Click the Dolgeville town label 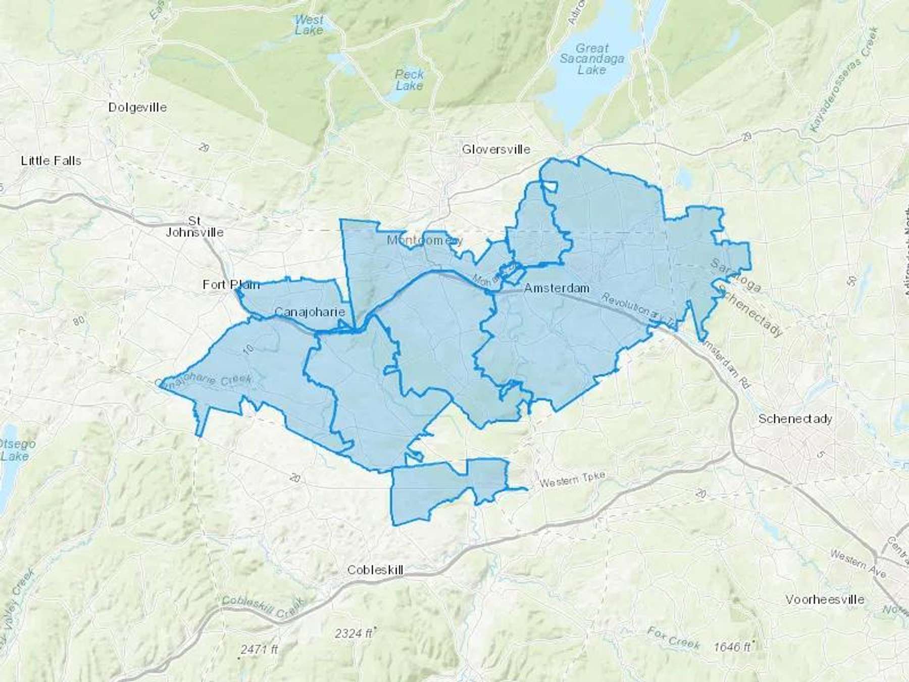tap(137, 107)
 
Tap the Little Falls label tap(51, 161)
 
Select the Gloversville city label tap(496, 149)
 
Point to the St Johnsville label tap(195, 227)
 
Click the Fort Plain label tap(231, 284)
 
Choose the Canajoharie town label tap(310, 312)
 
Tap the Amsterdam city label tap(557, 288)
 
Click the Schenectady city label tap(795, 419)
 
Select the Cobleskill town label tap(375, 570)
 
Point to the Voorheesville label tap(825, 600)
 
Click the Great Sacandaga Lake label tap(592, 59)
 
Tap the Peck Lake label tap(410, 80)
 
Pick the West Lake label tap(309, 25)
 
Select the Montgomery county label tap(425, 240)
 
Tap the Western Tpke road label tap(572, 479)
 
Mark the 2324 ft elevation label tap(353, 633)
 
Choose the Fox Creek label tap(674, 638)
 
